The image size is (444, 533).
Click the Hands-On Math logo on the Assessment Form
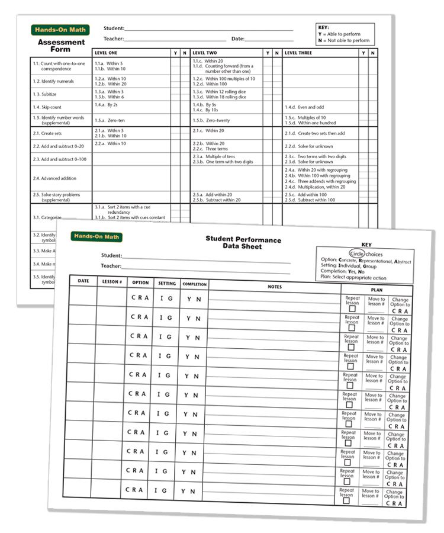(x=59, y=30)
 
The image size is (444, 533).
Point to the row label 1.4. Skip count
(x=47, y=107)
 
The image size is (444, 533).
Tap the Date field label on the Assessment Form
(x=237, y=39)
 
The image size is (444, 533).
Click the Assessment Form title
(x=61, y=46)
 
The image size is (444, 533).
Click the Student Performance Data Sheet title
(x=243, y=243)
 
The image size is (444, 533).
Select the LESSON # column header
(x=111, y=281)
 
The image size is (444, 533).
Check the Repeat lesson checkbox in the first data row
(x=352, y=309)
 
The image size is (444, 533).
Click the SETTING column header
(x=167, y=284)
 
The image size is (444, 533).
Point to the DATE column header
(x=83, y=281)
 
